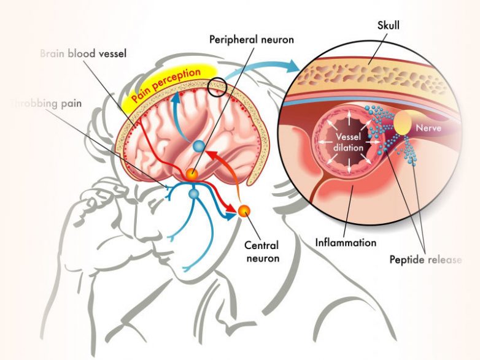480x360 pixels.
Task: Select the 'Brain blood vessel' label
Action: pos(83,53)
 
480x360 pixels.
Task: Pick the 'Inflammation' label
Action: pos(346,242)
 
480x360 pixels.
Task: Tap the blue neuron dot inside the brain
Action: pos(199,147)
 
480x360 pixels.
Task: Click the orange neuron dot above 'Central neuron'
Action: pos(244,212)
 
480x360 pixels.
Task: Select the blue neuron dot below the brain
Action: pos(194,194)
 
